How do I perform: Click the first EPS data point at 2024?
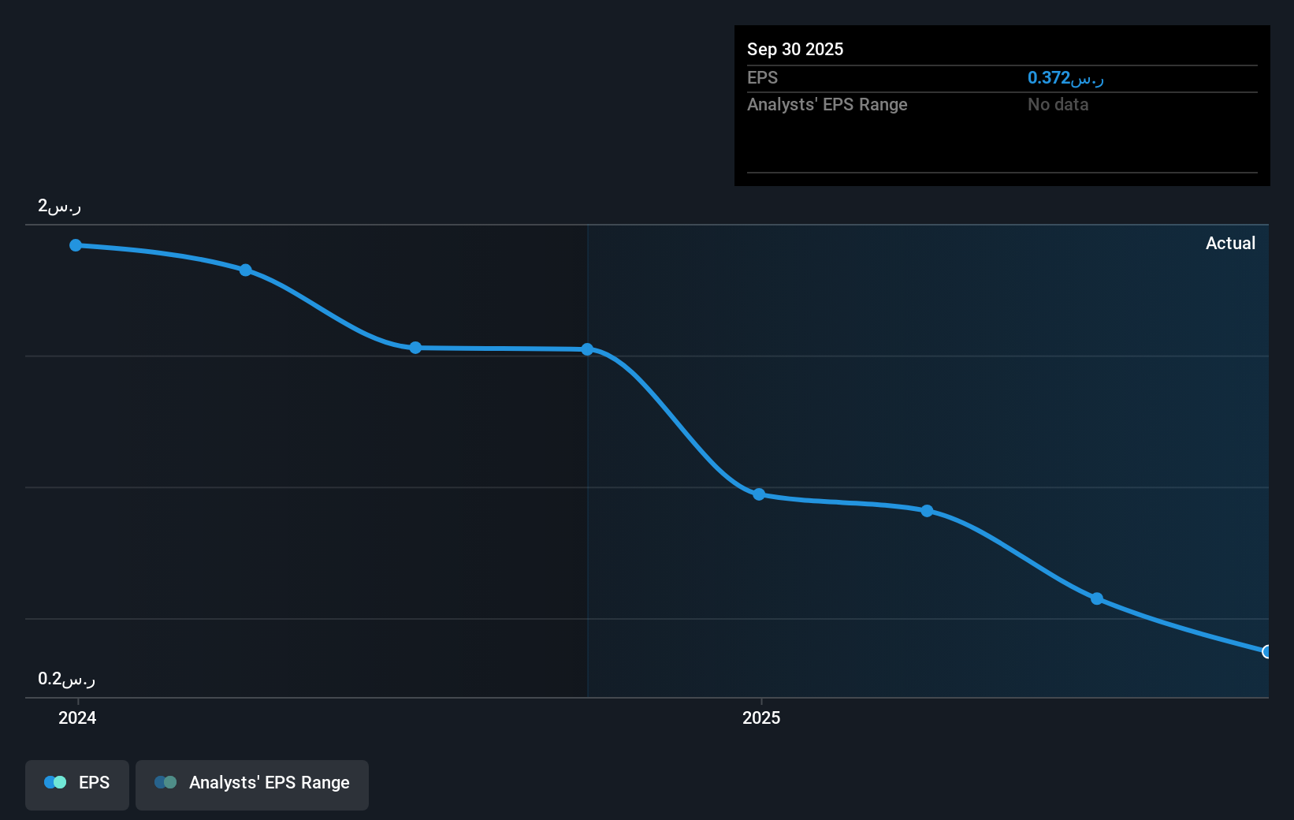point(76,245)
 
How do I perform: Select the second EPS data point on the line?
point(246,270)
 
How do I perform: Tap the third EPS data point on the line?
point(415,348)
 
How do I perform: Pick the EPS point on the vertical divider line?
point(587,349)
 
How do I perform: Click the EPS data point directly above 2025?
point(759,494)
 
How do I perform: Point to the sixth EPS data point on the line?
point(927,511)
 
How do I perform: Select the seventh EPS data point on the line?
point(1096,598)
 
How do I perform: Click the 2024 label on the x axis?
point(77,717)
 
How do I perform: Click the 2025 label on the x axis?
point(761,717)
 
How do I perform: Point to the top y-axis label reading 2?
point(60,206)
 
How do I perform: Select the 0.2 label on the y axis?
point(66,678)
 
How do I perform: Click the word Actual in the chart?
point(1230,244)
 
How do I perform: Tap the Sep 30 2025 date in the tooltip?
point(795,50)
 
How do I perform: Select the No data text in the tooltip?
point(1058,105)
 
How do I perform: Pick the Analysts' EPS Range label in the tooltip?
point(827,105)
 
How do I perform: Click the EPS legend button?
point(76,785)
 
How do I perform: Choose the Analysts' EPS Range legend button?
point(252,785)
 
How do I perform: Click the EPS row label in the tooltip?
point(762,78)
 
